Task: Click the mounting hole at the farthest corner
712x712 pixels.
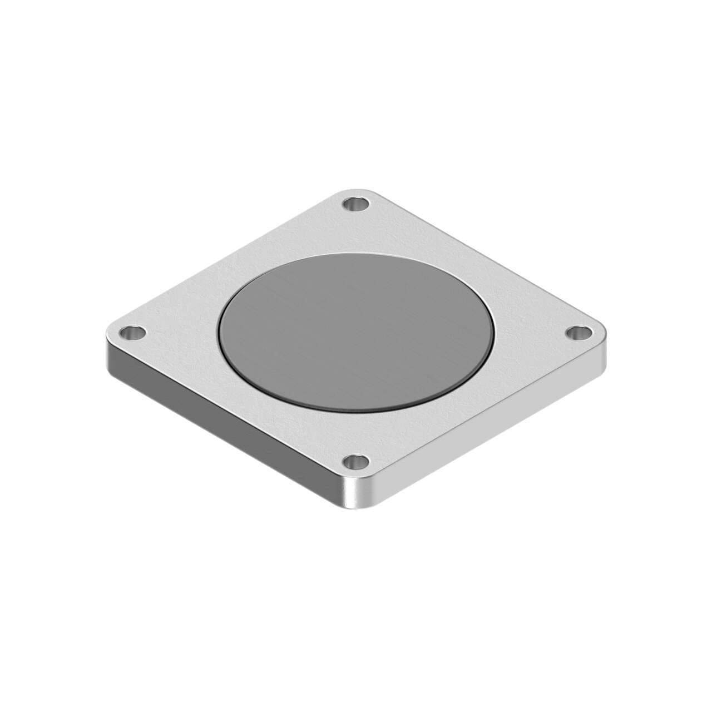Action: click(x=357, y=205)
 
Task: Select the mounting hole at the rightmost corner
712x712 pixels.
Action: click(x=579, y=333)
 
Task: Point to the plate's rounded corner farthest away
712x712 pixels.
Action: click(x=357, y=190)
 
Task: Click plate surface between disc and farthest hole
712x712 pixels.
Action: click(x=357, y=231)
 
